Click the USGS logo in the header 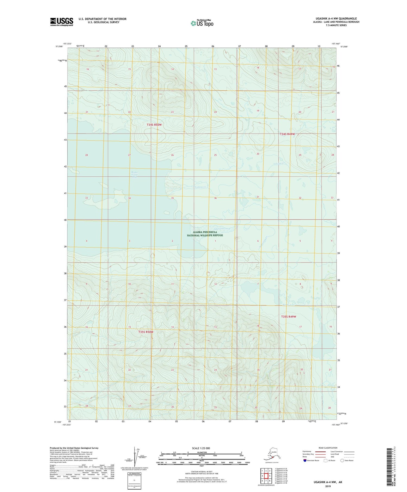pos(62,22)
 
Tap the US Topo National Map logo pos(202,23)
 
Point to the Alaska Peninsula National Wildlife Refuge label pos(205,234)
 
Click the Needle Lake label pos(288,305)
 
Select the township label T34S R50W pos(154,125)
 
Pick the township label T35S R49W pos(288,317)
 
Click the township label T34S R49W pos(287,134)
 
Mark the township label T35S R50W pos(146,332)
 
